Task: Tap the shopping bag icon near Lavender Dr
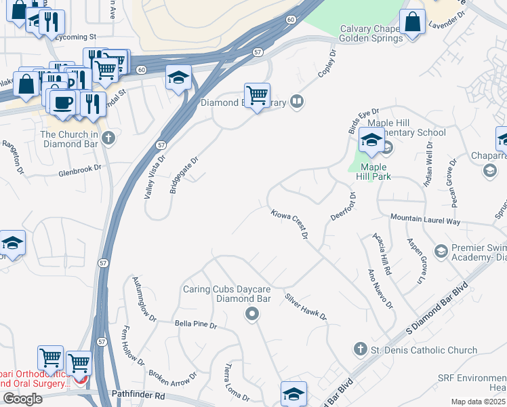coord(412,22)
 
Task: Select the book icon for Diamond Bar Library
coord(296,102)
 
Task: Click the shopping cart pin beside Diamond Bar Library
coord(257,96)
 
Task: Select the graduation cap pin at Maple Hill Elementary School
coord(371,140)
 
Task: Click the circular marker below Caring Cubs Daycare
coord(252,313)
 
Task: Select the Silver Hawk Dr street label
coord(306,307)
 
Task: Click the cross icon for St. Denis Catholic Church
coord(361,350)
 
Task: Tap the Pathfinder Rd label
coord(137,395)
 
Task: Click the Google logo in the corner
coord(23,399)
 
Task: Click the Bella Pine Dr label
coord(195,326)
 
